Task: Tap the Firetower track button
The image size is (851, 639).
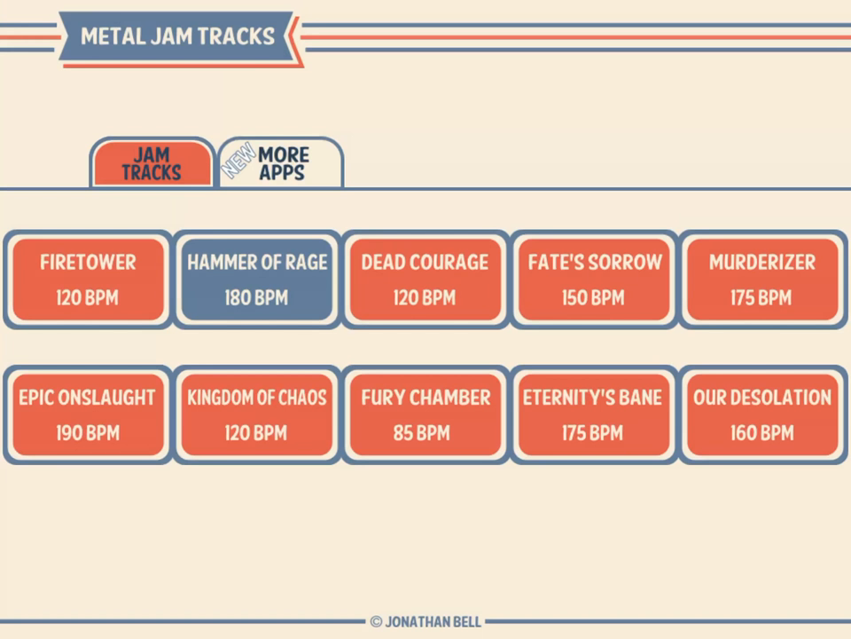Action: (x=88, y=279)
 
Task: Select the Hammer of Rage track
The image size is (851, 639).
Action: (x=257, y=279)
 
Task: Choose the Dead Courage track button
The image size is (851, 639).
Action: (x=425, y=279)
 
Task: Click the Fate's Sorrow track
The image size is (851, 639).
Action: (x=594, y=279)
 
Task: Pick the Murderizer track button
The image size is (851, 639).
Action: (x=761, y=279)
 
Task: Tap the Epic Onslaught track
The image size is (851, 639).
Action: (x=88, y=414)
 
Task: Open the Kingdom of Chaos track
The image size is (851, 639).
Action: (x=257, y=414)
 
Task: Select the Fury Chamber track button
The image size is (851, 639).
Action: (x=425, y=414)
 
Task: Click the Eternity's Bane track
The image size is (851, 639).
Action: (x=594, y=414)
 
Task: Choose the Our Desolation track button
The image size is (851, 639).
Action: (x=761, y=414)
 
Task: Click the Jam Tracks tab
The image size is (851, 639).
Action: (x=152, y=164)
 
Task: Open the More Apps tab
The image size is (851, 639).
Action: (x=282, y=164)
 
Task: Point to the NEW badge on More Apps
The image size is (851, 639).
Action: (x=238, y=161)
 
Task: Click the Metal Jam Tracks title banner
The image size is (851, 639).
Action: (x=177, y=36)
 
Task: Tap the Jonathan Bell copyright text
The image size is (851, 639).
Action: (x=425, y=622)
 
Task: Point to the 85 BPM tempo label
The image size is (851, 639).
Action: (x=425, y=433)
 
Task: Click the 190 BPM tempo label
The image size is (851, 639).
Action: (x=87, y=433)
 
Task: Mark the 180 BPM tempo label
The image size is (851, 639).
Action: (x=256, y=298)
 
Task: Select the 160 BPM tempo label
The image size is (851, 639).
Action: (x=761, y=433)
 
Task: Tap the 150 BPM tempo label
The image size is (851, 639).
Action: (x=593, y=298)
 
